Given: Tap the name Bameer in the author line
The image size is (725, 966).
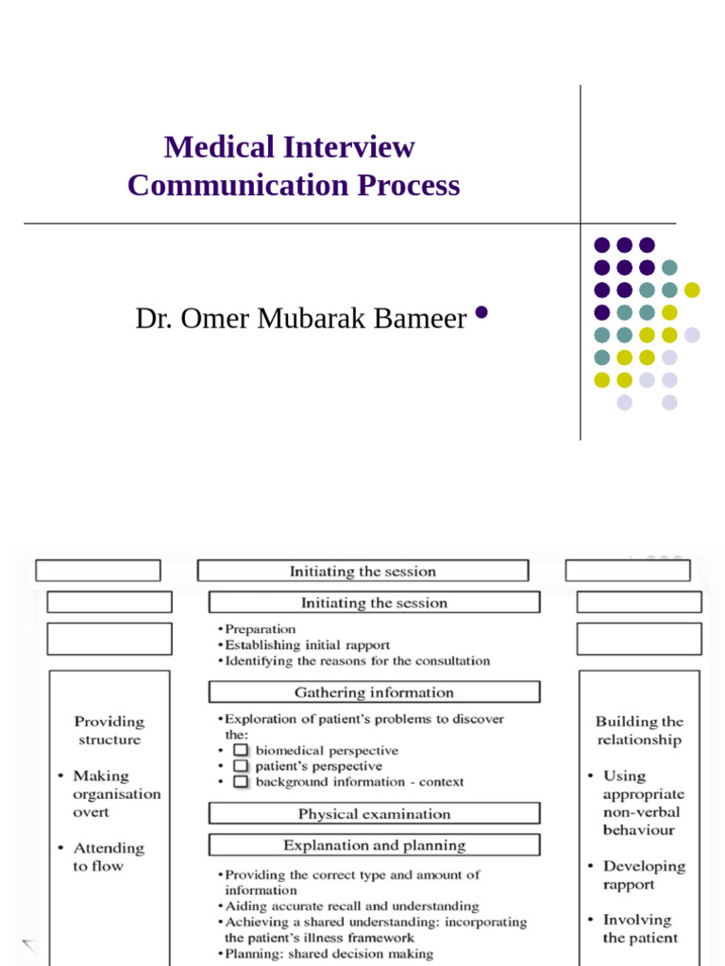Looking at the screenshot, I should pyautogui.click(x=422, y=319).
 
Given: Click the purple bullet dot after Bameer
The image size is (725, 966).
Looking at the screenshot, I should pyautogui.click(x=481, y=313).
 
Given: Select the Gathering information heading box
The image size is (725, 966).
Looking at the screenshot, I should pyautogui.click(x=374, y=692).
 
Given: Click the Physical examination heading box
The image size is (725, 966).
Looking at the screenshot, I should pyautogui.click(x=374, y=813).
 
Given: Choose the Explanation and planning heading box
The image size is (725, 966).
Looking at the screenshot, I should pyautogui.click(x=374, y=845).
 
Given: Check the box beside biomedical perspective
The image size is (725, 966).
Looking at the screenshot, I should pyautogui.click(x=241, y=751).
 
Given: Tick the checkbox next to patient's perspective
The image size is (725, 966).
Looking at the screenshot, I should pyautogui.click(x=241, y=766).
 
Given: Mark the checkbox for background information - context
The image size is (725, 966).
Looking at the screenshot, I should pyautogui.click(x=241, y=782).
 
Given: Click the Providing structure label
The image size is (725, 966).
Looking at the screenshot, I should pyautogui.click(x=110, y=730).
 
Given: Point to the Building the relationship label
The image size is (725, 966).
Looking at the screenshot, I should pyautogui.click(x=639, y=730).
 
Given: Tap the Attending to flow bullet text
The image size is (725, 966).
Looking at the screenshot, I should pyautogui.click(x=109, y=857).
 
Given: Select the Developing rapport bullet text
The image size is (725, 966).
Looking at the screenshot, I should pyautogui.click(x=644, y=874).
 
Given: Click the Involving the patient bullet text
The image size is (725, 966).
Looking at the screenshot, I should pyautogui.click(x=640, y=928).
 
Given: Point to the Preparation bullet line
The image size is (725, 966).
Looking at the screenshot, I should pyautogui.click(x=260, y=629).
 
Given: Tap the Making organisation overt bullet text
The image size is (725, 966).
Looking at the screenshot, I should pyautogui.click(x=116, y=793).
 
